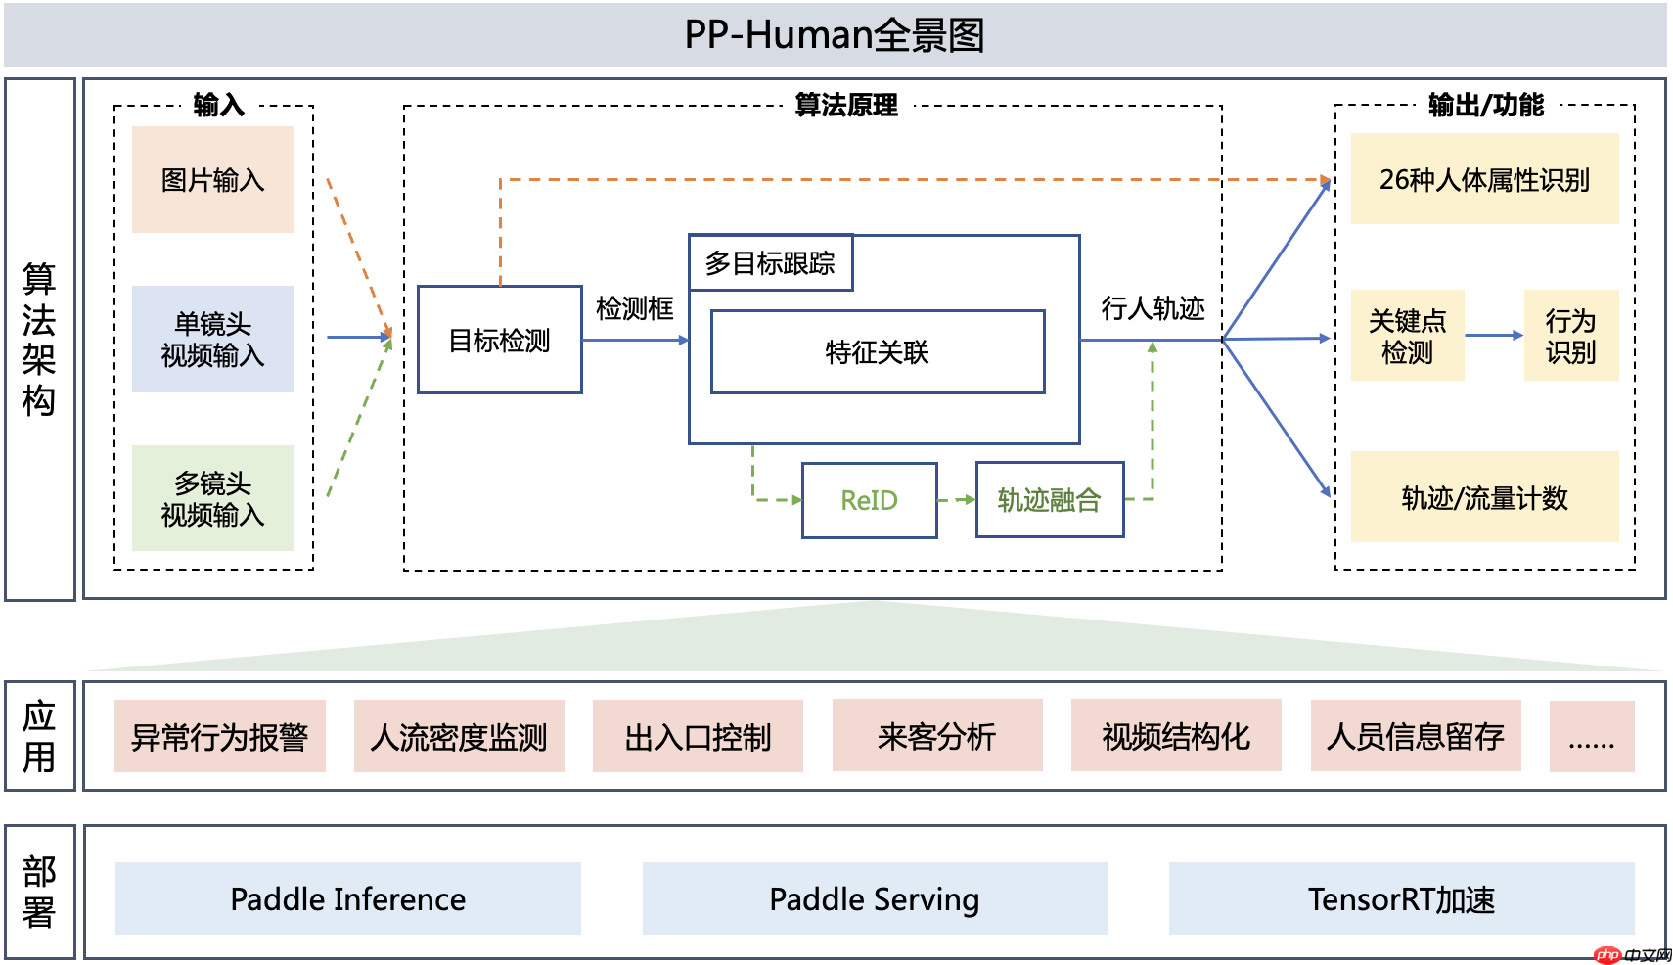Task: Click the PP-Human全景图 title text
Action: click(835, 35)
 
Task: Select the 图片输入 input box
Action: click(213, 180)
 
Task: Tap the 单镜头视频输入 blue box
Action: click(213, 339)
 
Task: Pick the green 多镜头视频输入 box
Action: click(213, 498)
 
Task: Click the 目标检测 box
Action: click(499, 340)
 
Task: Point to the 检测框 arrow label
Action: click(635, 309)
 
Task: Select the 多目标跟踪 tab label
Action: click(770, 263)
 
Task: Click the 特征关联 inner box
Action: click(877, 352)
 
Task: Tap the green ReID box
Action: click(869, 500)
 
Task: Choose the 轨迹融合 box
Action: click(1049, 500)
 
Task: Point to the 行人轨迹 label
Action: click(1153, 308)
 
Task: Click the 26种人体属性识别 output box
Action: click(1484, 180)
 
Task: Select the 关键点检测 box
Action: click(1407, 336)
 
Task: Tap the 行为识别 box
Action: click(1570, 336)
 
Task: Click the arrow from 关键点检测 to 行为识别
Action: click(1494, 335)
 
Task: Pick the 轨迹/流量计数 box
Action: click(1484, 497)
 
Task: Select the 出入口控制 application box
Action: click(698, 736)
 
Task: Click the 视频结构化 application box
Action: click(1176, 736)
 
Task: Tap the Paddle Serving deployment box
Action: click(874, 898)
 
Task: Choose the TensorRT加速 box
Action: click(1401, 898)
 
